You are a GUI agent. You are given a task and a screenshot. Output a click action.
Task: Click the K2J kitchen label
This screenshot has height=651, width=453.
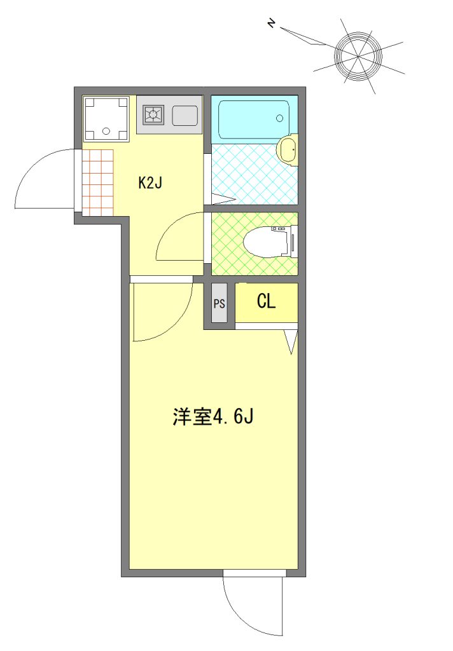click(150, 182)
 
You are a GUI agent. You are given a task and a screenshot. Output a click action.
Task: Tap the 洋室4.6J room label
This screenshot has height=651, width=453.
click(213, 416)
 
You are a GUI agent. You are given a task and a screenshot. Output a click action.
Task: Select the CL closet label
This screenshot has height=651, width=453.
click(267, 301)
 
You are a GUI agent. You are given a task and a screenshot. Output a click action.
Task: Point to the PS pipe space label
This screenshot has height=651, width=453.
click(219, 304)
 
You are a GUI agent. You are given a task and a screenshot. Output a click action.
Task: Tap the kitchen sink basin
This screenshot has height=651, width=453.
click(185, 115)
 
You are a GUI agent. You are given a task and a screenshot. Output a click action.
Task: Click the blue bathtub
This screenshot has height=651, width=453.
click(254, 120)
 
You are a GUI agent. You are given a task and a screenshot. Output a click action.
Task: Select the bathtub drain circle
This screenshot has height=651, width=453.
click(280, 118)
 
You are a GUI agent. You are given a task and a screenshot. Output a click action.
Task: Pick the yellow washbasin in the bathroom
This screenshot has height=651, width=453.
click(287, 149)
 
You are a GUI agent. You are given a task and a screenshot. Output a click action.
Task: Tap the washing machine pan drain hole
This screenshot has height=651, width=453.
click(105, 131)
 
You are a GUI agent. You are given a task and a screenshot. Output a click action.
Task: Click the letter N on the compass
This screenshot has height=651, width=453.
click(272, 24)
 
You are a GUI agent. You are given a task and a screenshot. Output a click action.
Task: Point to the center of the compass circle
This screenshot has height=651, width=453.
click(358, 56)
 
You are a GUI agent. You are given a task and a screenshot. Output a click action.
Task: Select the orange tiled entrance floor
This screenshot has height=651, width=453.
click(98, 182)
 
